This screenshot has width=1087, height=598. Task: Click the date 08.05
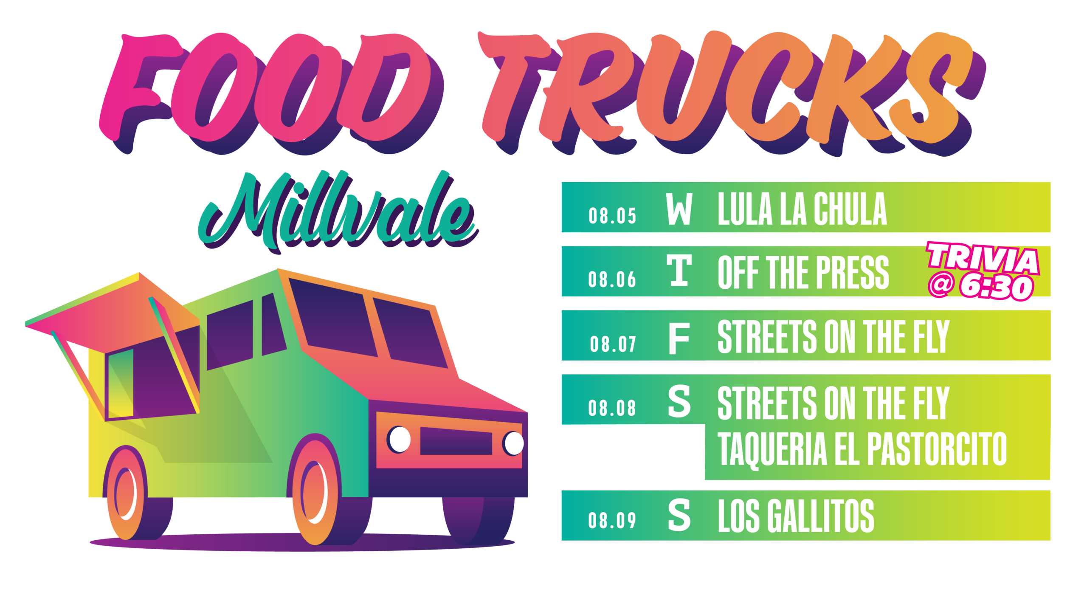(x=612, y=216)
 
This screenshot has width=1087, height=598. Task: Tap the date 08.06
(x=612, y=279)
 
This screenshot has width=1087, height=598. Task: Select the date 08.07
(x=613, y=344)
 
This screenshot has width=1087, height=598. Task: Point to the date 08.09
(x=612, y=520)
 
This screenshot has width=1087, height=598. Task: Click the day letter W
(x=679, y=209)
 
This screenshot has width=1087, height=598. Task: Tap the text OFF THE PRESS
(x=803, y=272)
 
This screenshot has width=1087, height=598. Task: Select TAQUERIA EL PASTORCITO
(x=862, y=449)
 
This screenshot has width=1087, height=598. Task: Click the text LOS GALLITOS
(x=796, y=516)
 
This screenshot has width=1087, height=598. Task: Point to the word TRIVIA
(x=983, y=258)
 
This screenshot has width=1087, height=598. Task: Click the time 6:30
(x=996, y=287)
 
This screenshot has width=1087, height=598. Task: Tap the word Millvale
(x=338, y=212)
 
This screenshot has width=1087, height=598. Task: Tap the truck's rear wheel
(x=127, y=493)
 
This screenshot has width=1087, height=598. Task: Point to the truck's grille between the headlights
(x=456, y=441)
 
